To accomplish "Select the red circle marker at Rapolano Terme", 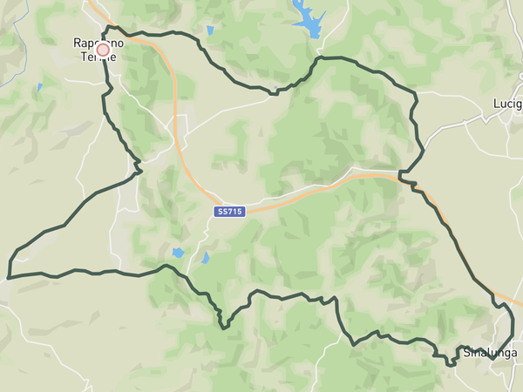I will pos(103,51).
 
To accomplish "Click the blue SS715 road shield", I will pos(230,212).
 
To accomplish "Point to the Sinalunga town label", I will pos(489,353).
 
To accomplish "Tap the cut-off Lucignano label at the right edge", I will pos(506,103).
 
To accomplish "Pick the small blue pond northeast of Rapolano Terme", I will pos(210,31).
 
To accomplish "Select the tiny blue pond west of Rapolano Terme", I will pos(38,87).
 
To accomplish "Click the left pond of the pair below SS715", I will pos(179,253).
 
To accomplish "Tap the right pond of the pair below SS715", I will pos(206,258).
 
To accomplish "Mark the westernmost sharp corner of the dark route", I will pos(9,278).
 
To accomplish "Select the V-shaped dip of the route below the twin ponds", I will pos(224,328).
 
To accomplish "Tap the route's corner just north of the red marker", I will pos(105,28).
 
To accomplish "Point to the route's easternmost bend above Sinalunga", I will pos(513,308).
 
